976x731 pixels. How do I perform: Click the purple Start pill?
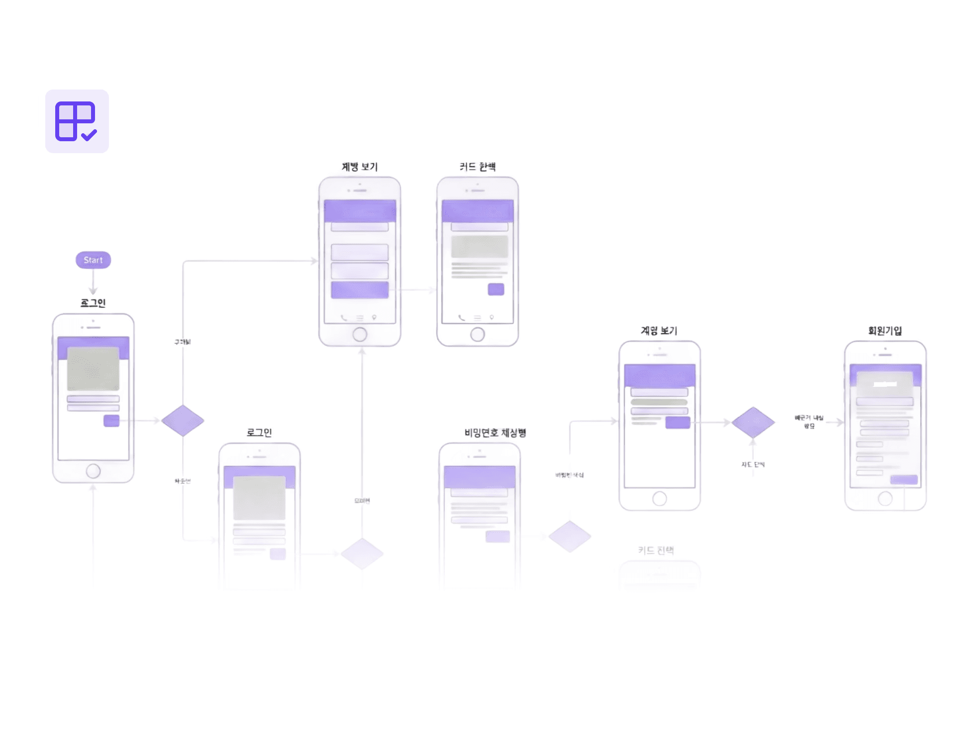[93, 260]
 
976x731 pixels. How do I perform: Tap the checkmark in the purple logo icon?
[89, 135]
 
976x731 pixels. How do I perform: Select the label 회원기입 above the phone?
[885, 331]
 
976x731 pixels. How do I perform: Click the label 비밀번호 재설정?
[495, 433]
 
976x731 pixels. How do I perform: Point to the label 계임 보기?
[659, 331]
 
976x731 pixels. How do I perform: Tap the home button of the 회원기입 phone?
[885, 498]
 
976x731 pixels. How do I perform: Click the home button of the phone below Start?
[93, 470]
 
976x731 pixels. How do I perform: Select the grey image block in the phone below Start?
[93, 369]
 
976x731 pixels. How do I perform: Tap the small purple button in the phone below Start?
[111, 421]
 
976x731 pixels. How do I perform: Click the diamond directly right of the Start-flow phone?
[183, 421]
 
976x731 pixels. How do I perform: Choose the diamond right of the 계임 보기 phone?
[753, 422]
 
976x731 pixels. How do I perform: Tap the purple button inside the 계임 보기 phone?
[678, 422]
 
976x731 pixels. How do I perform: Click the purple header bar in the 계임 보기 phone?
[660, 375]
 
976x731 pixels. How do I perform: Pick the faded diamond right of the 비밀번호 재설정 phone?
[570, 536]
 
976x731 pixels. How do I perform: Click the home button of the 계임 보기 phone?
[660, 498]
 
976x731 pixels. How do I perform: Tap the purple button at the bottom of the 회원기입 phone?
[904, 479]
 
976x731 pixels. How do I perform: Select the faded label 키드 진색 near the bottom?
[656, 550]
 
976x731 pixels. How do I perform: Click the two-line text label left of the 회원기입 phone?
[809, 422]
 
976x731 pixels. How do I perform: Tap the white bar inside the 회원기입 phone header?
[885, 384]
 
